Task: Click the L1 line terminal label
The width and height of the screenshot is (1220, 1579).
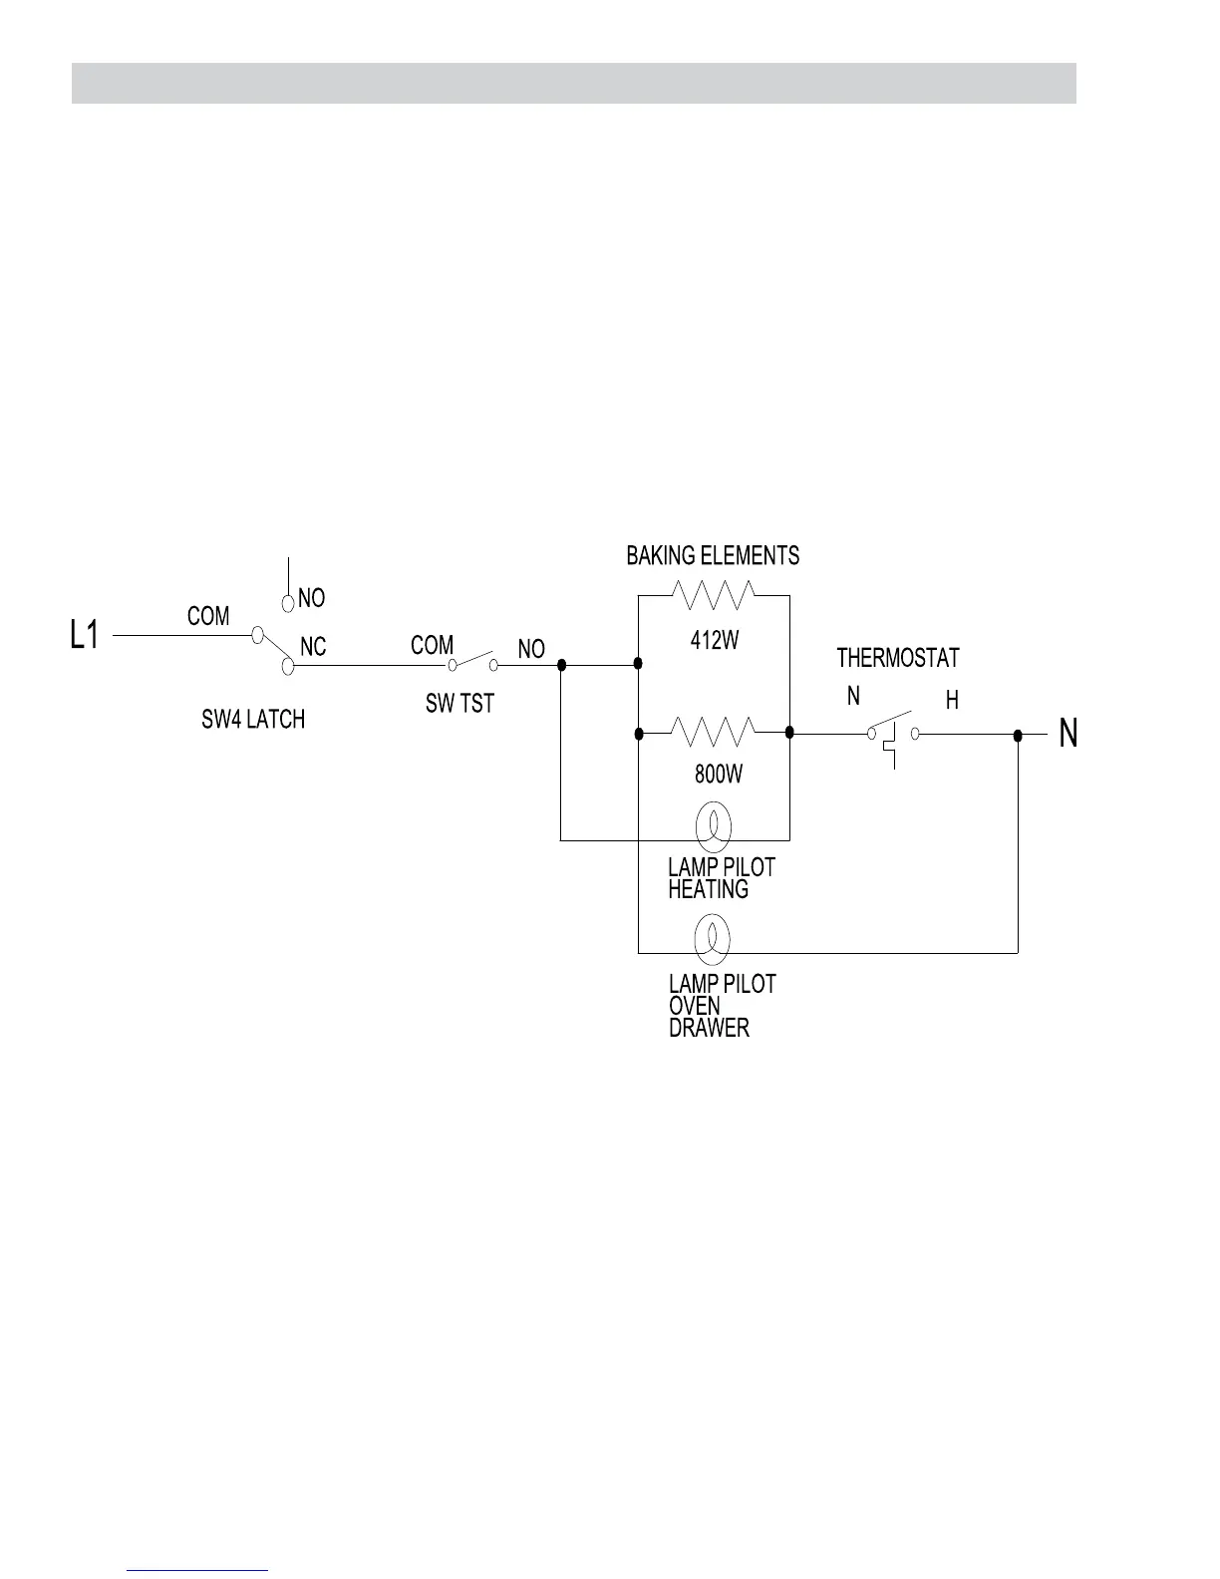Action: [85, 635]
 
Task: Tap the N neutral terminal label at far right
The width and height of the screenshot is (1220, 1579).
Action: [1067, 735]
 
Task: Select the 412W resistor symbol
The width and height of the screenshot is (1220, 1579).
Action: [714, 595]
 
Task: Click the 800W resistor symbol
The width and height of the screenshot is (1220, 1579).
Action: [714, 733]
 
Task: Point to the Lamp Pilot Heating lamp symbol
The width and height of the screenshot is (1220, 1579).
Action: [713, 825]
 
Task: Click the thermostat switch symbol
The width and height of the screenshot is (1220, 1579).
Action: [893, 735]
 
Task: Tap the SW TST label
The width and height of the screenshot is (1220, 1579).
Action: [459, 704]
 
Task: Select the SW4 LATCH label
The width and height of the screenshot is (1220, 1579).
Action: [253, 719]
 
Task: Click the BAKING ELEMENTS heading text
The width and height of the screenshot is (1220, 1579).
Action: [713, 555]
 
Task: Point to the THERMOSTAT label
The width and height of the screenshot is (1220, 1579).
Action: [897, 658]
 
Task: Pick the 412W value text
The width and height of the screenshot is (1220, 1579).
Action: [715, 641]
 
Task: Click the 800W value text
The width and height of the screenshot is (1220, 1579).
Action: [718, 774]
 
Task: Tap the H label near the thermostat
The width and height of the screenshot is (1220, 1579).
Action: [952, 701]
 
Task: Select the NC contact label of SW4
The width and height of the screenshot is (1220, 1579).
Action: [313, 647]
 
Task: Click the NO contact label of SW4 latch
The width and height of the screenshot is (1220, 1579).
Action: [311, 598]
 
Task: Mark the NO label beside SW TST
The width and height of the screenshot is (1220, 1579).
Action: [531, 649]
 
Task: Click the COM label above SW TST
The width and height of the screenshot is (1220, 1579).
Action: [432, 645]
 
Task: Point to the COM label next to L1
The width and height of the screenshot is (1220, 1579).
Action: [208, 616]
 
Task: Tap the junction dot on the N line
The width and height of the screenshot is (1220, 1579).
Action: [1018, 735]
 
